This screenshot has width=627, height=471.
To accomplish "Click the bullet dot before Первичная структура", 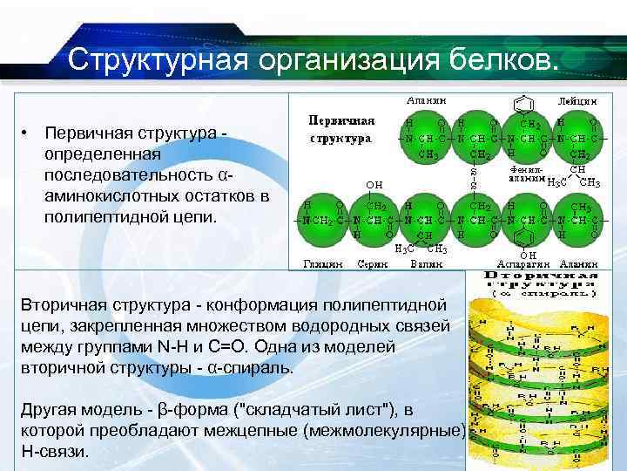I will pyautogui.click(x=28, y=133).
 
